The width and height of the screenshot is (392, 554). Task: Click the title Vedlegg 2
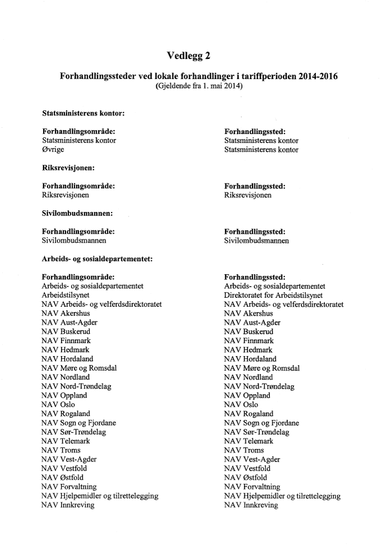pyautogui.click(x=189, y=55)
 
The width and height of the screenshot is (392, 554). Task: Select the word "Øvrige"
pyautogui.click(x=53, y=150)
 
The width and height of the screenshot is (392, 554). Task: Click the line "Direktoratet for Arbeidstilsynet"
pyautogui.click(x=273, y=295)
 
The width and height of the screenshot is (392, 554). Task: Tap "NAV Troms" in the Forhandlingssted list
pyautogui.click(x=244, y=450)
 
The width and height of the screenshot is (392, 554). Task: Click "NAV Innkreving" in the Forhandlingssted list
pyautogui.click(x=250, y=505)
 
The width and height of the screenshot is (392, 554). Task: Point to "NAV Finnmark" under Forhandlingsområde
pyautogui.click(x=66, y=340)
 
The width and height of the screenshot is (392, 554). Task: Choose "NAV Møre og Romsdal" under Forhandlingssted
pyautogui.click(x=262, y=368)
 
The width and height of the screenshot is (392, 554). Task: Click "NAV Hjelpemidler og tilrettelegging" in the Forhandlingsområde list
pyautogui.click(x=100, y=496)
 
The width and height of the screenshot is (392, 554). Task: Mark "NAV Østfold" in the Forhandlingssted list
pyautogui.click(x=246, y=478)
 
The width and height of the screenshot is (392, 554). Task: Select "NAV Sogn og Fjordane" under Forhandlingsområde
pyautogui.click(x=78, y=423)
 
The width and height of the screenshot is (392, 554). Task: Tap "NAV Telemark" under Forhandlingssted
pyautogui.click(x=249, y=441)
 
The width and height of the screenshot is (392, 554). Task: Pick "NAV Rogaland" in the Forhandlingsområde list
pyautogui.click(x=66, y=414)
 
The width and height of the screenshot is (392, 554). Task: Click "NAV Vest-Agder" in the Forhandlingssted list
pyautogui.click(x=252, y=459)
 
